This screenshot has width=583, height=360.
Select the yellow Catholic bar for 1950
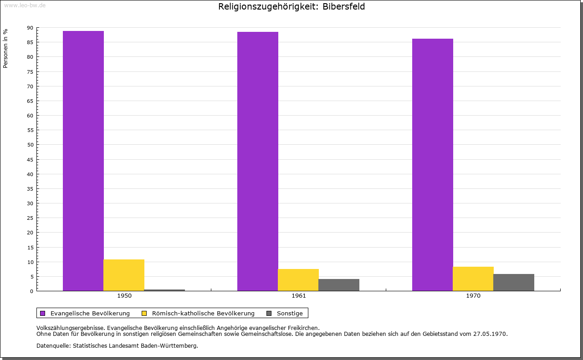(x=124, y=275)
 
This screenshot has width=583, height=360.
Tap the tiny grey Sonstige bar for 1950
(x=164, y=290)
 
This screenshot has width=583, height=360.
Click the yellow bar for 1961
(x=298, y=280)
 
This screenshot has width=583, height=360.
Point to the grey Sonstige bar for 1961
(x=339, y=285)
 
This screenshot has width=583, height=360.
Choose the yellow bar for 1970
(x=473, y=279)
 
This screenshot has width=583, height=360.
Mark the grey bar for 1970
(x=514, y=282)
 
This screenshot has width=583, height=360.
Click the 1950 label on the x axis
(x=124, y=296)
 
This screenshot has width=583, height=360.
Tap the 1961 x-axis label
(x=299, y=296)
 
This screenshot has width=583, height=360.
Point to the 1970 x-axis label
(x=473, y=296)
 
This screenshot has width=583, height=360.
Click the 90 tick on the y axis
(x=30, y=28)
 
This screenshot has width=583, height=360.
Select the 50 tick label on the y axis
(x=30, y=145)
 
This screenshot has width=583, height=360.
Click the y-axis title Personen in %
(x=5, y=48)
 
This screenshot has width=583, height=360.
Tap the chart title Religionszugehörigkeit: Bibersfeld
(x=291, y=6)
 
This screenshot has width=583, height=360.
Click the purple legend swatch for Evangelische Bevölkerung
(x=43, y=313)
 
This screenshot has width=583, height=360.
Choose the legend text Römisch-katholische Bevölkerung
(x=203, y=313)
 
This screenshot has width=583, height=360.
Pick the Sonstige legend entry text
(x=290, y=313)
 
